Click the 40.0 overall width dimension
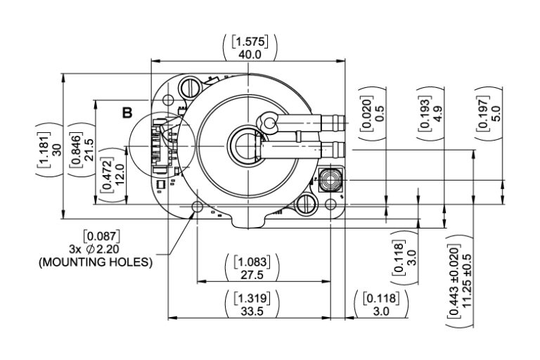click(x=250, y=53)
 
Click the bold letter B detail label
click(x=127, y=112)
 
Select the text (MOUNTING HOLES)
click(x=96, y=262)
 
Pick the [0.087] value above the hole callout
click(x=101, y=236)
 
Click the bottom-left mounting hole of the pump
click(x=196, y=207)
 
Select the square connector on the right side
click(x=329, y=179)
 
